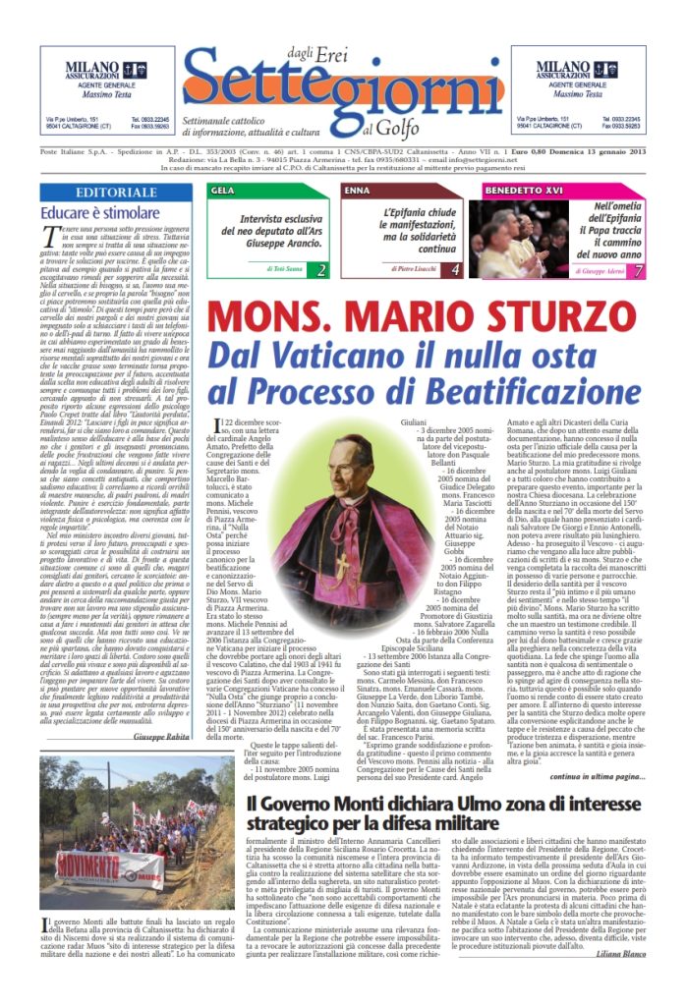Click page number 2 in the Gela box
321,268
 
